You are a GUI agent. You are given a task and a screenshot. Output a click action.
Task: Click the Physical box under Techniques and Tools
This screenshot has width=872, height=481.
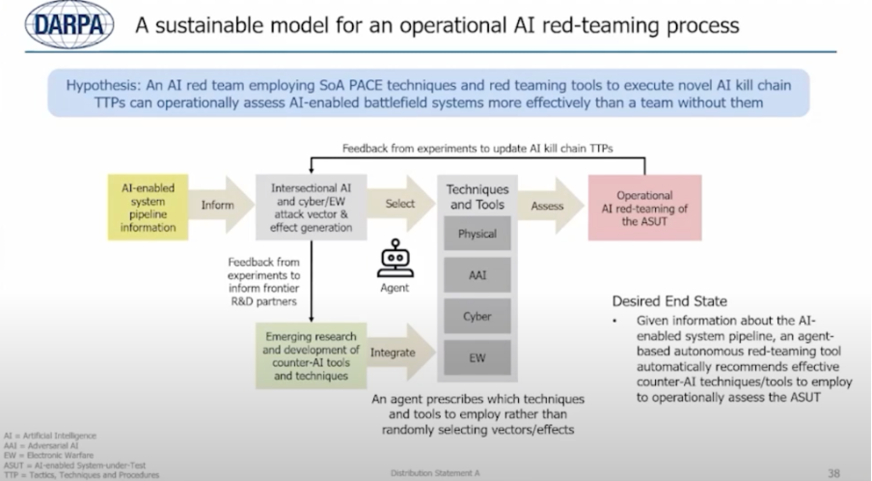pos(477,234)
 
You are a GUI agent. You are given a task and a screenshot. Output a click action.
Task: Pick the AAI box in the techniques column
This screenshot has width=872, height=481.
pos(477,275)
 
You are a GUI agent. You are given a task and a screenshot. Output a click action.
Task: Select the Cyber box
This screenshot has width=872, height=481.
pos(477,316)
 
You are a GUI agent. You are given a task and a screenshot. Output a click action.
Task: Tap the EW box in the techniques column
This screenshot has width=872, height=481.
pos(477,357)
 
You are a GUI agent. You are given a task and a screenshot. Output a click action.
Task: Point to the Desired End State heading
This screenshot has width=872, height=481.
pos(668,301)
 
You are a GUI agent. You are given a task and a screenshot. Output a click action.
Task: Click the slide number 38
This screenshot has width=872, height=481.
pos(833,472)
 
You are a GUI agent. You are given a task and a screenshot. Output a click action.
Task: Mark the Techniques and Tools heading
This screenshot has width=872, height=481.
pos(477,197)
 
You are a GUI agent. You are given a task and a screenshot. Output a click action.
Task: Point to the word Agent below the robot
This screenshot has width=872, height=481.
pos(395,288)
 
